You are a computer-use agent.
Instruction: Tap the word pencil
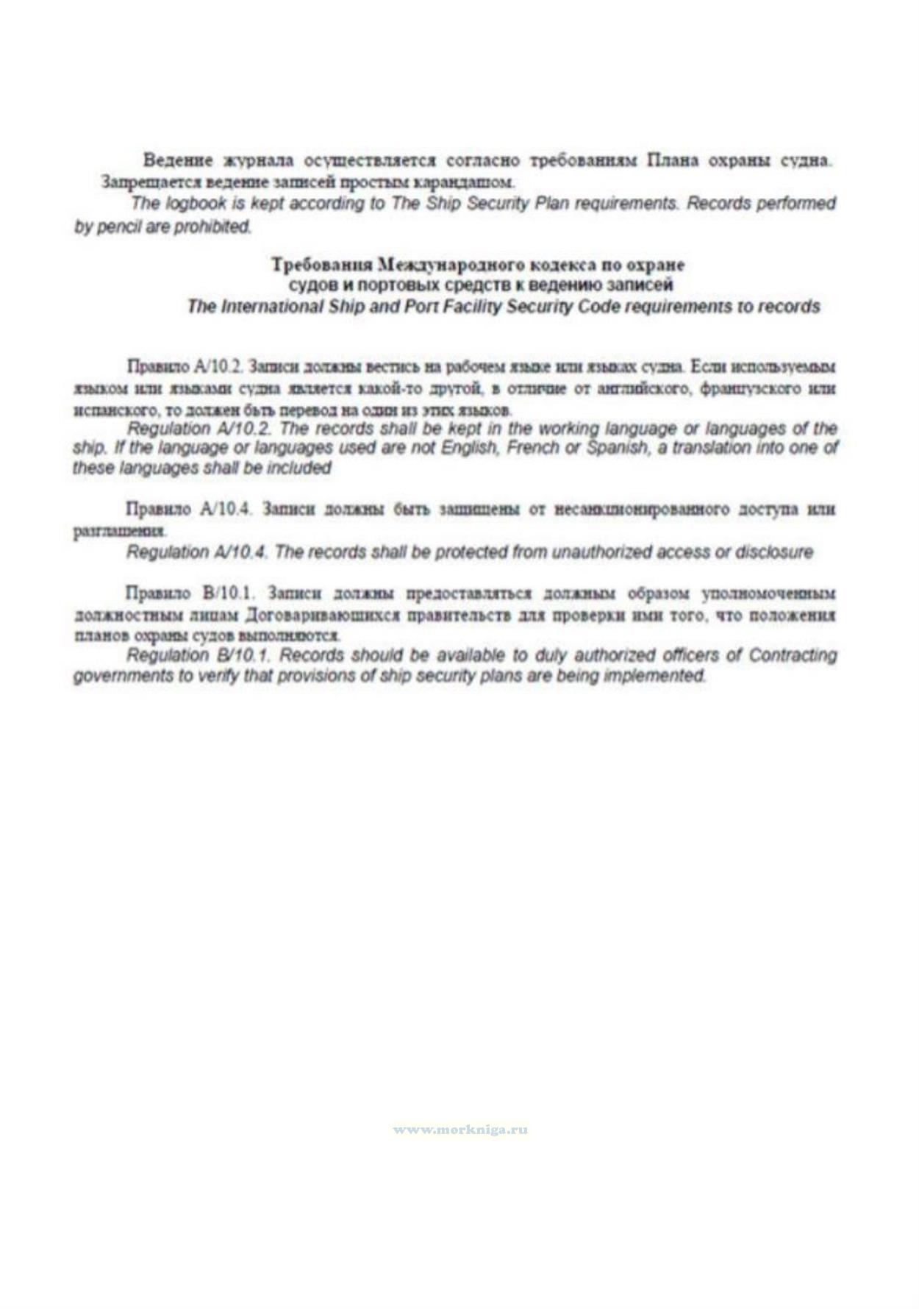pos(117,227)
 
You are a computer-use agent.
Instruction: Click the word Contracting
pos(792,654)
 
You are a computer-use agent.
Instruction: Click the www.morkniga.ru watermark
pos(460,1130)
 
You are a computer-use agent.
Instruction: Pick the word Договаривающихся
pos(322,614)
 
